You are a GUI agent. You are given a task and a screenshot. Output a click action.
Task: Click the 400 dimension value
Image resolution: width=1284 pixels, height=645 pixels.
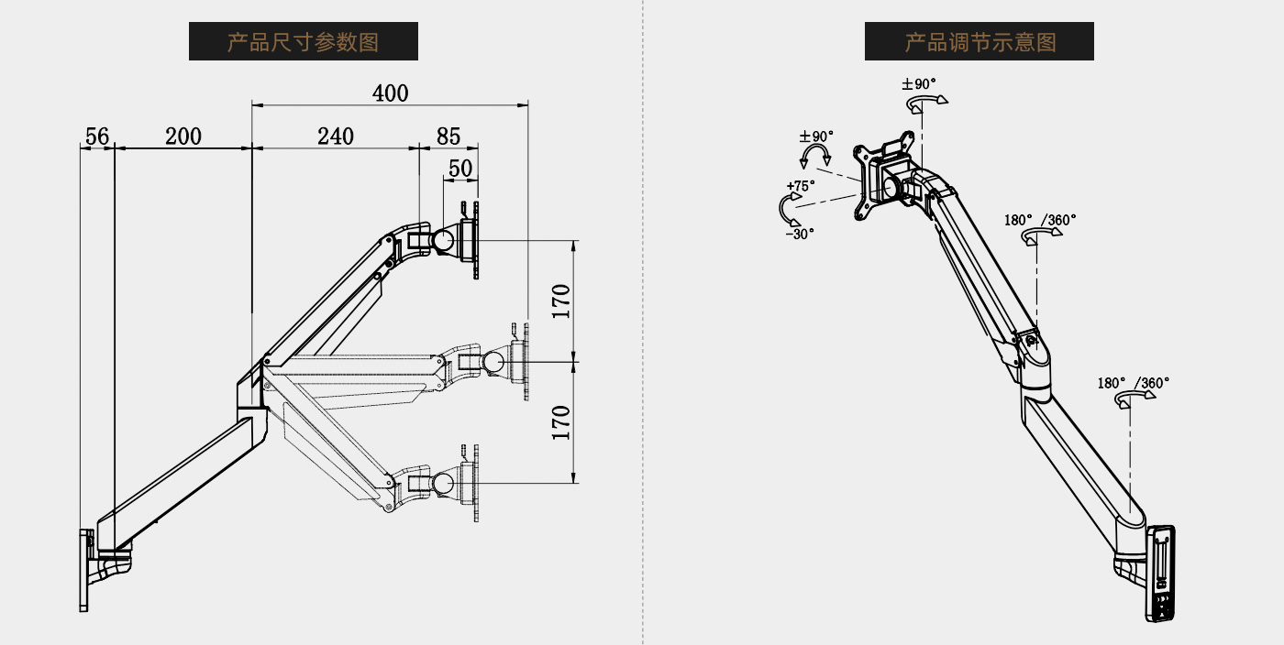tap(390, 93)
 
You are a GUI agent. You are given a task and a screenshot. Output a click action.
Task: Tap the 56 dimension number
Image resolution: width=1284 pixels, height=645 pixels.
tap(96, 137)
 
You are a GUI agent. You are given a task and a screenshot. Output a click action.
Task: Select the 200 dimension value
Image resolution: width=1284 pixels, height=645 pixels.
tap(183, 137)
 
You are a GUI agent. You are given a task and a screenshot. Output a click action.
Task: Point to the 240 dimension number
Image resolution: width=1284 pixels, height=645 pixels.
tap(336, 137)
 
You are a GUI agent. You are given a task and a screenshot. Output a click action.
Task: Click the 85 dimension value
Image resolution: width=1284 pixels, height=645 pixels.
tap(448, 137)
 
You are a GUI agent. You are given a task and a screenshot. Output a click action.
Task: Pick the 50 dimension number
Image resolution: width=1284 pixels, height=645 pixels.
tap(460, 168)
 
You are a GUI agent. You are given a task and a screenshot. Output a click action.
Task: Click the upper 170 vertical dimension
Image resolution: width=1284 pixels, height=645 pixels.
tap(561, 301)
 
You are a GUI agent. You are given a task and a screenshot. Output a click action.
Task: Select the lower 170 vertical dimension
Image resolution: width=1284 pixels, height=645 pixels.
tap(561, 421)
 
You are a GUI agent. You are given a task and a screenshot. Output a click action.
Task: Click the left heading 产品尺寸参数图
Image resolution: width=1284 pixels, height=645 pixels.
tap(303, 42)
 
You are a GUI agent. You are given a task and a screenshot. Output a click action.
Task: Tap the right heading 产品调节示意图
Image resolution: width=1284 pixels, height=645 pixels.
tap(980, 42)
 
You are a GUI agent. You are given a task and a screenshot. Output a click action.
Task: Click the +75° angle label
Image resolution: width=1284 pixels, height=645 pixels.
tap(800, 185)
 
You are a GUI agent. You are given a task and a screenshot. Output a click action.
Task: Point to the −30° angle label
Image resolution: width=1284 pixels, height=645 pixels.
tap(800, 234)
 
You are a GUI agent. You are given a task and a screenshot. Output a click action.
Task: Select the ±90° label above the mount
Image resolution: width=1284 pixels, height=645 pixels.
tap(919, 84)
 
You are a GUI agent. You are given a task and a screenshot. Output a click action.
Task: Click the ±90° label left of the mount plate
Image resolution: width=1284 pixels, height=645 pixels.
tap(816, 137)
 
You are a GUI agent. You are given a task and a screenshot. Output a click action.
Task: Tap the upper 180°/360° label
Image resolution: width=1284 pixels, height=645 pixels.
tap(1040, 220)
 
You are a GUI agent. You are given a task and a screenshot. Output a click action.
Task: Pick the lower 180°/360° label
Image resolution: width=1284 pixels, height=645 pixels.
tap(1134, 383)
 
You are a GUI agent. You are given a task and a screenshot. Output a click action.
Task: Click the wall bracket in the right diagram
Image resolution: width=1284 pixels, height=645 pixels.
tap(1160, 574)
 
